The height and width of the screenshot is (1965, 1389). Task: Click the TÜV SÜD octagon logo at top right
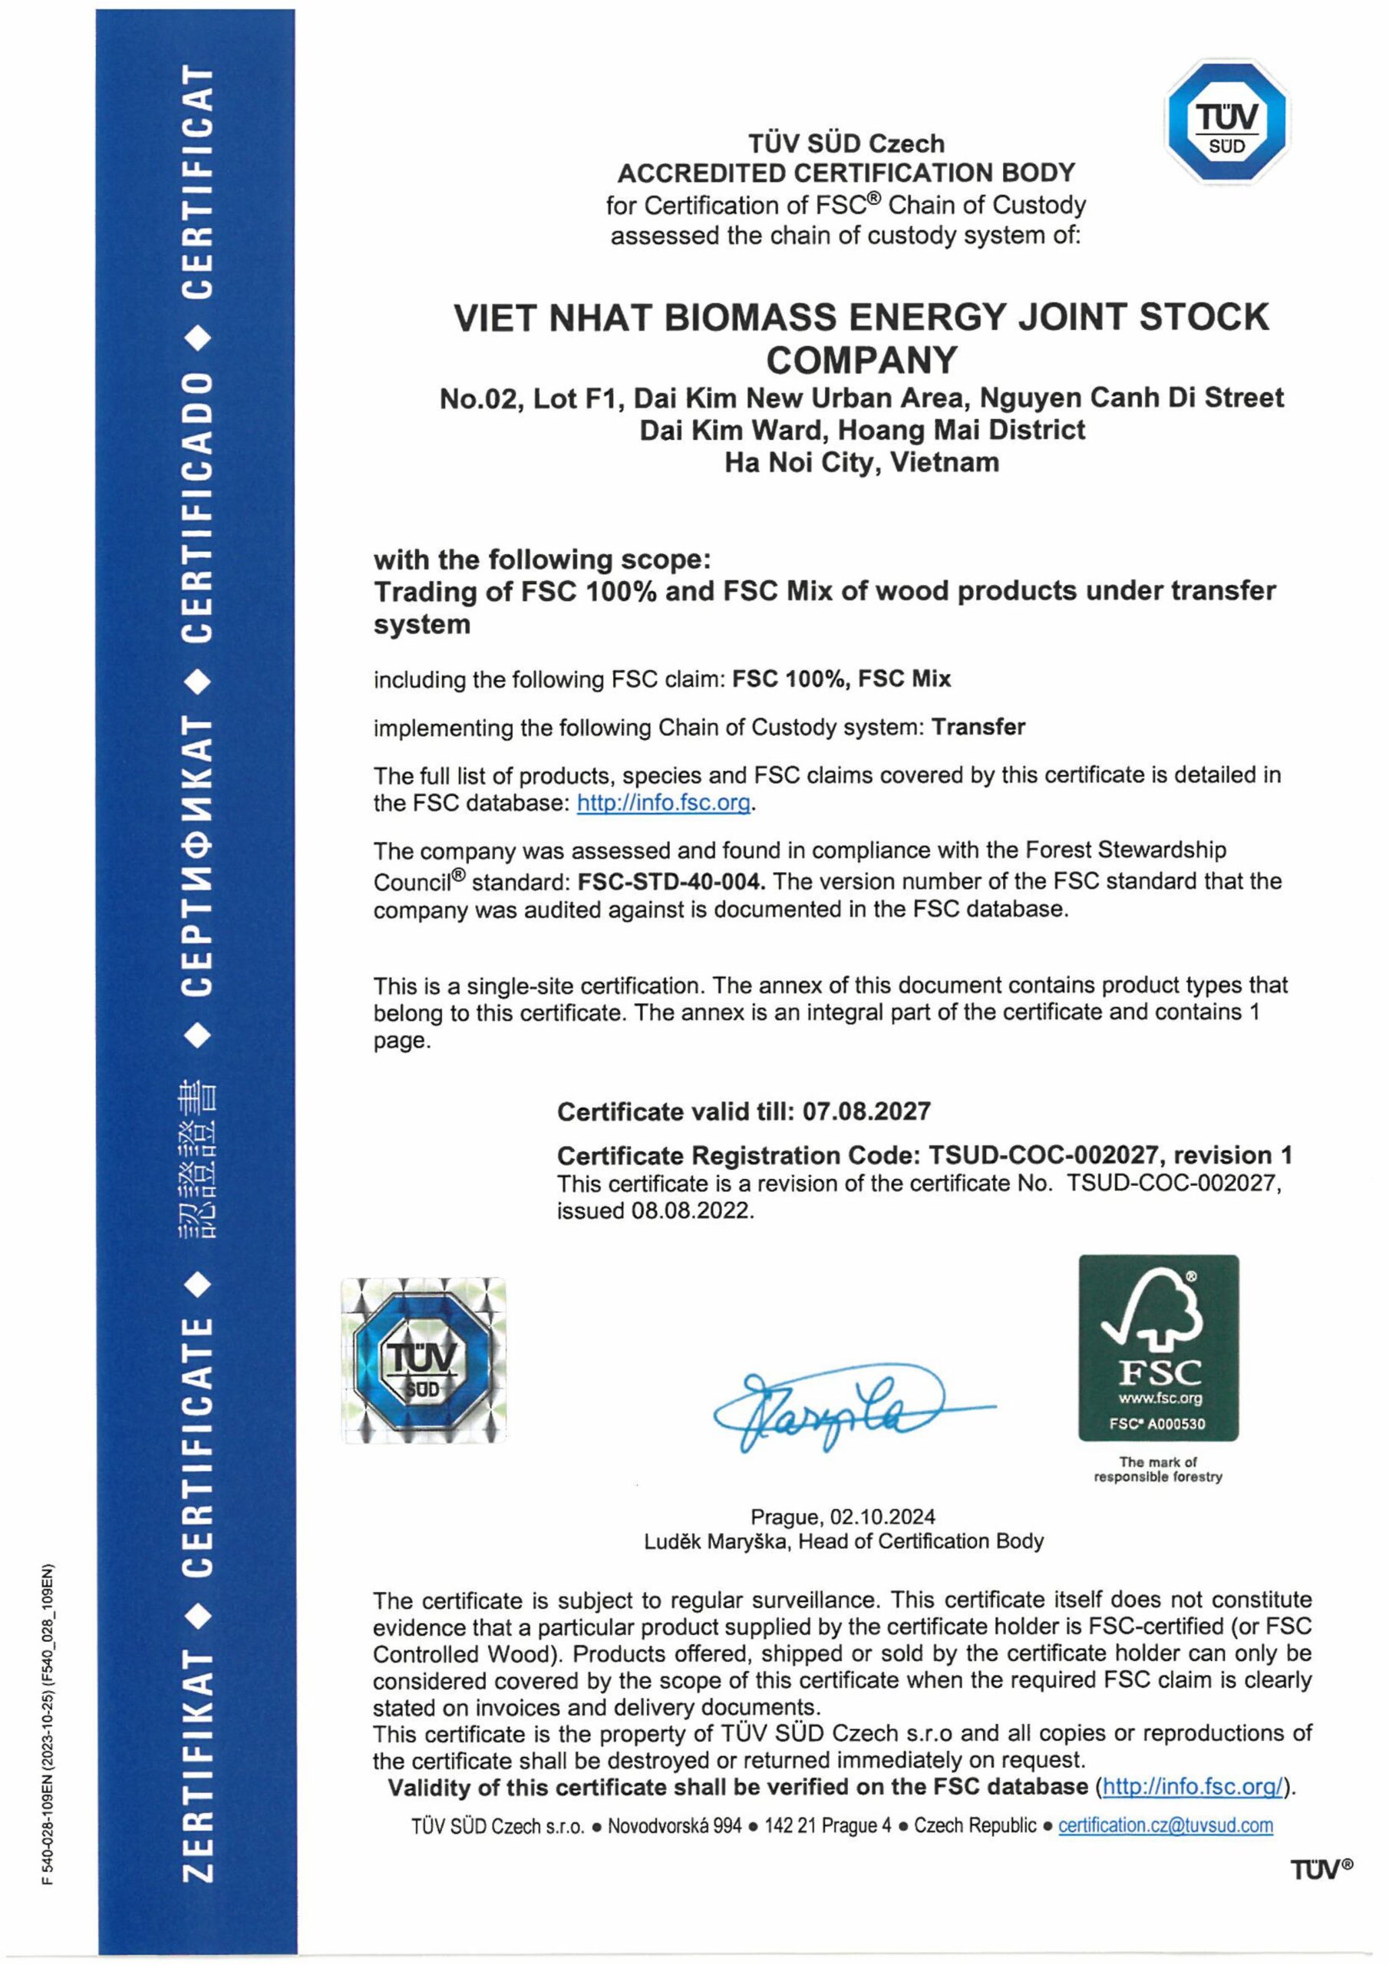[1227, 121]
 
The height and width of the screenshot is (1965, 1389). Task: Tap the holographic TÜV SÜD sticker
[424, 1361]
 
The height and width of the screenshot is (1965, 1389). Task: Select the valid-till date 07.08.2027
[867, 1111]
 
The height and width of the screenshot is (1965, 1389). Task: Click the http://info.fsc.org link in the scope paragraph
[663, 803]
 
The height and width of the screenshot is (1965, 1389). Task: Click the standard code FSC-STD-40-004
[671, 880]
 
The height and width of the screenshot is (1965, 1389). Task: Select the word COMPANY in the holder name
[861, 359]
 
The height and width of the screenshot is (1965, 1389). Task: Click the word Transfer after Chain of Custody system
[978, 728]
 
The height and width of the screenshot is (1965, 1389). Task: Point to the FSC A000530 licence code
[1157, 1424]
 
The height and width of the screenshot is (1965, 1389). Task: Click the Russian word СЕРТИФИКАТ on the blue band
[197, 856]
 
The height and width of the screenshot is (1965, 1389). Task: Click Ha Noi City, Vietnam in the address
[861, 463]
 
